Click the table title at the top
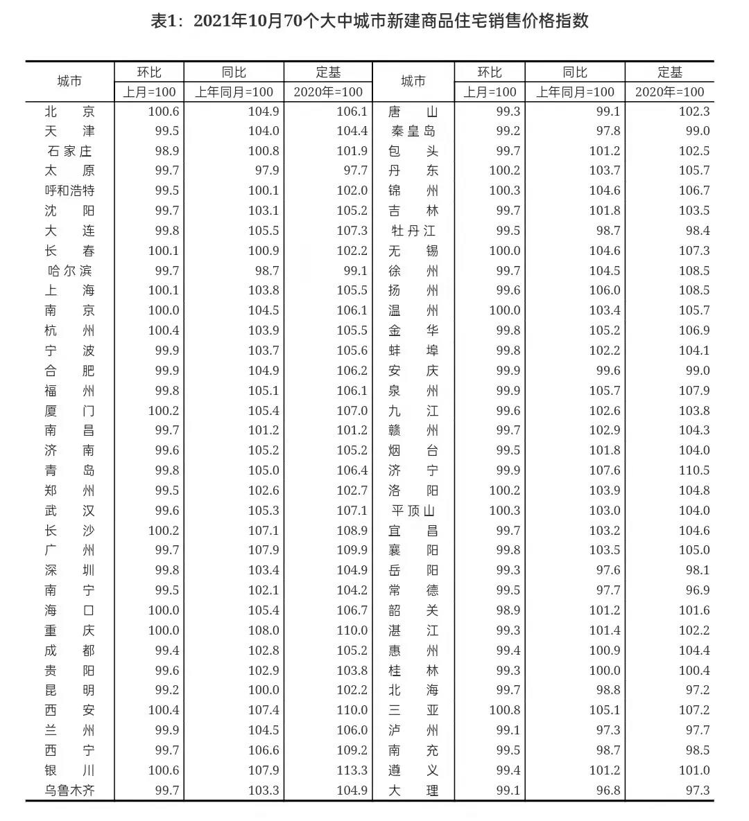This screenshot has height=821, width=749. click(x=370, y=21)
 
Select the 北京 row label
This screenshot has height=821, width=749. click(x=69, y=112)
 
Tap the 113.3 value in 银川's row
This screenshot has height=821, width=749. click(x=352, y=770)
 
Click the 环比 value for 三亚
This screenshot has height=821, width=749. click(x=504, y=710)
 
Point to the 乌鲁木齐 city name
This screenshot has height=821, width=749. click(x=69, y=791)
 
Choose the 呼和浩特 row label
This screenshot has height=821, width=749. click(x=69, y=191)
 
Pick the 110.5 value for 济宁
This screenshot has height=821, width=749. click(x=694, y=470)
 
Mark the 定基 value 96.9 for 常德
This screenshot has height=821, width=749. click(x=694, y=590)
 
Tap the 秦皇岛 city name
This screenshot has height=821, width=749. click(x=413, y=132)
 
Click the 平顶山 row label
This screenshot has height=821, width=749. click(x=413, y=511)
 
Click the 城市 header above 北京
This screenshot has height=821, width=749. click(x=69, y=81)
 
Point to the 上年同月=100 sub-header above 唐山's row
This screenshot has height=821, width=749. click(x=575, y=91)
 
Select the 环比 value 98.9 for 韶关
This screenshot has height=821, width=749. click(x=504, y=610)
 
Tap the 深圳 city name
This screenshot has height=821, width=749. click(x=69, y=570)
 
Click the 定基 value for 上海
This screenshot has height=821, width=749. click(x=352, y=290)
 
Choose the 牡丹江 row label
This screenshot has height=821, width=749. click(x=413, y=231)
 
